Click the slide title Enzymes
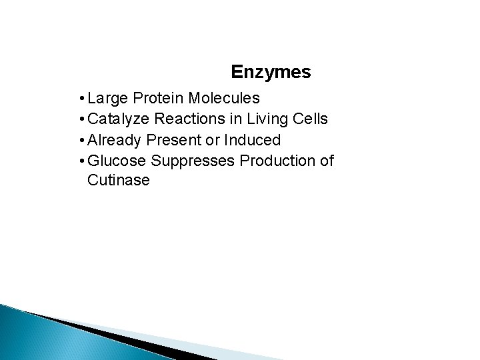click(271, 71)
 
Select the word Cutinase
click(118, 181)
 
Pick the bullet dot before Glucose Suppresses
click(80, 161)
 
